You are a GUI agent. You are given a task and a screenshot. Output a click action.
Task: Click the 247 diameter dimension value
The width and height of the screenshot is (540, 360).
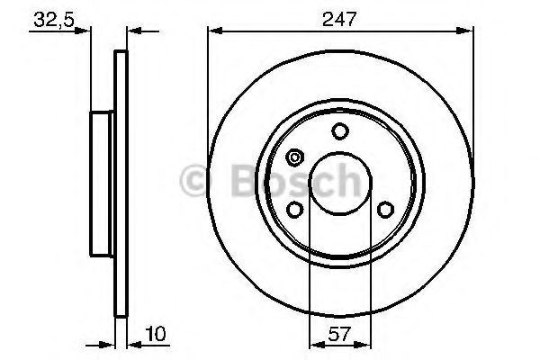(340, 16)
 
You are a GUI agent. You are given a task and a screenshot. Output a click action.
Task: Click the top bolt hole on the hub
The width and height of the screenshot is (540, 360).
(340, 132)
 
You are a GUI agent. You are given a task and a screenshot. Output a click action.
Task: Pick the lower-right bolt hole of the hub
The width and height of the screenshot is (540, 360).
(385, 210)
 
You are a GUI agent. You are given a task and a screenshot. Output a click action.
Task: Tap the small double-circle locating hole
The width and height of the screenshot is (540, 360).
(294, 159)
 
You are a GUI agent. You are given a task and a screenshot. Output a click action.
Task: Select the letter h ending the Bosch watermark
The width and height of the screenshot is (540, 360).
(346, 183)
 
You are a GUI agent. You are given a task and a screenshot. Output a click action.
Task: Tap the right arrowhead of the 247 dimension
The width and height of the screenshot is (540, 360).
(469, 32)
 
